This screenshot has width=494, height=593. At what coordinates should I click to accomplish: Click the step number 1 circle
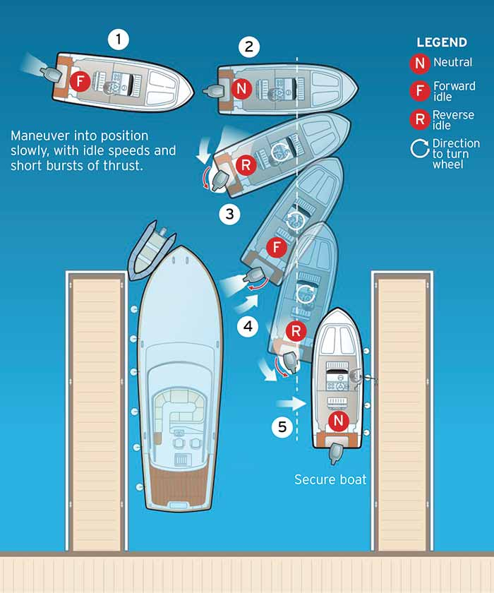[119, 40]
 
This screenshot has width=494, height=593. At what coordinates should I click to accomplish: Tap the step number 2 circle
[249, 47]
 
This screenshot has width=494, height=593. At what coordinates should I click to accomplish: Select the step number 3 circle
[230, 214]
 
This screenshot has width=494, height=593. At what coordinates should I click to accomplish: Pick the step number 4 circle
[248, 326]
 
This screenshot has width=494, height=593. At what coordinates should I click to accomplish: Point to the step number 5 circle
[282, 427]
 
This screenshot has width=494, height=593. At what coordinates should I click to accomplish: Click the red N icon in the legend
[420, 63]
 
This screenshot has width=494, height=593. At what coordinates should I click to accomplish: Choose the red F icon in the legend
[420, 91]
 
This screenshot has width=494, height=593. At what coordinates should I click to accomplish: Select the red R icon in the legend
[420, 119]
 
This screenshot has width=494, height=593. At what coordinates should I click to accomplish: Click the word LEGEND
[442, 42]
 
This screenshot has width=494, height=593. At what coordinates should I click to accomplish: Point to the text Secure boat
[330, 479]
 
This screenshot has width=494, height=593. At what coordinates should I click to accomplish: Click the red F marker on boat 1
[80, 80]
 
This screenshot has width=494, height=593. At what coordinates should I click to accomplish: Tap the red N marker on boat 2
[241, 88]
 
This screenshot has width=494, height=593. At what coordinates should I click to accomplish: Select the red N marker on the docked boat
[338, 421]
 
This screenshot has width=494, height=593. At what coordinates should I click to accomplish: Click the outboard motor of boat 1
[50, 75]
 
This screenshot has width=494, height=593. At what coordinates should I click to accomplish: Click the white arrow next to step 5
[291, 403]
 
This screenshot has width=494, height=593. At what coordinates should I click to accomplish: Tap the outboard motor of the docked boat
[335, 453]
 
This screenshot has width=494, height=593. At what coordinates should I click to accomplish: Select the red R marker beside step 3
[246, 164]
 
